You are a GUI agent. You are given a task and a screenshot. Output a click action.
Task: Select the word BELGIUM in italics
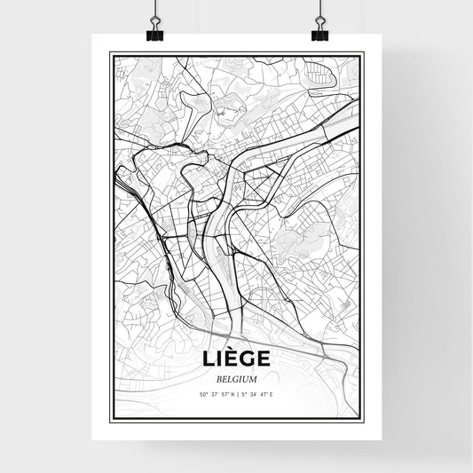(236, 378)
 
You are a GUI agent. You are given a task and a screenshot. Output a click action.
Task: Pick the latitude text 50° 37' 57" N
(217, 393)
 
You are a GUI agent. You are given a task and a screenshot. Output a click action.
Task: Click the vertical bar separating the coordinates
(237, 393)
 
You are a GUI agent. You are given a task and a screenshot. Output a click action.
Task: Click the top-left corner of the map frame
(110, 53)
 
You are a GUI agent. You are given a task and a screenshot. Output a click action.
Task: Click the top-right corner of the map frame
(363, 53)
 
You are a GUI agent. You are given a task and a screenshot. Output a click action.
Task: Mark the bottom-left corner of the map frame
(110, 420)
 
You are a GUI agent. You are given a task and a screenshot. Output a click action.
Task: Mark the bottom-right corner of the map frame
(363, 420)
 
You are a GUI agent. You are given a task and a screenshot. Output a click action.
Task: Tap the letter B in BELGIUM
(216, 378)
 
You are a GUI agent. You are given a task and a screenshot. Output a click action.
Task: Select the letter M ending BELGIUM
(256, 378)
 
